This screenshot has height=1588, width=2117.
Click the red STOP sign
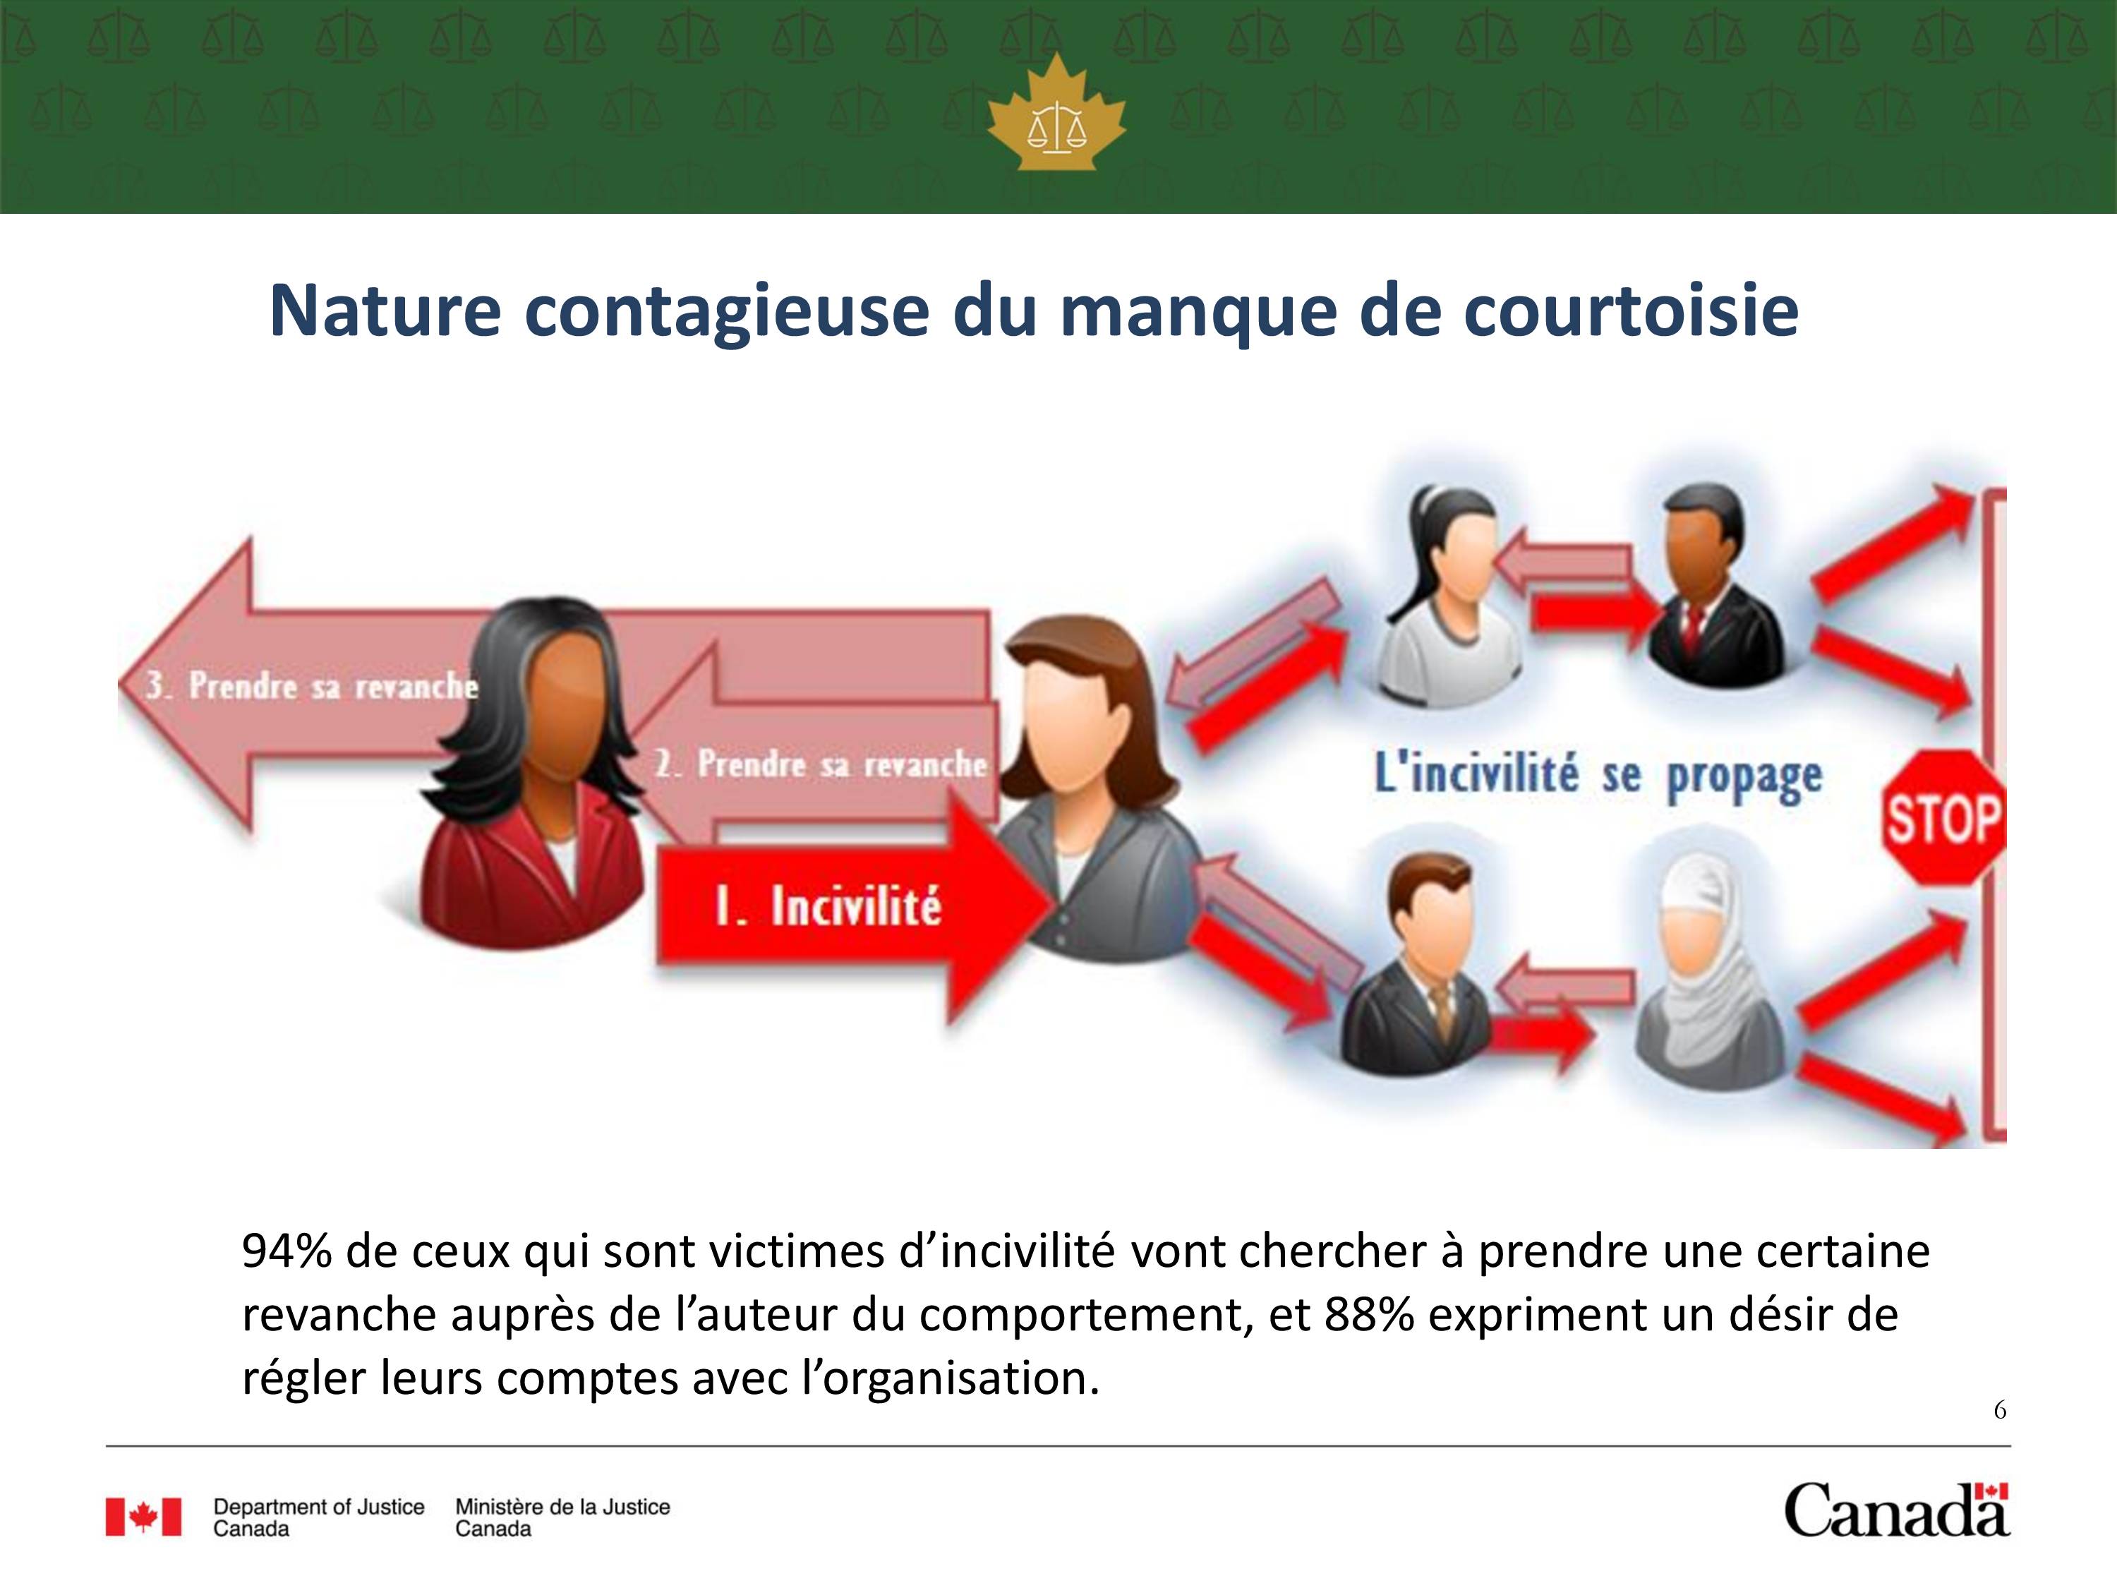1943,819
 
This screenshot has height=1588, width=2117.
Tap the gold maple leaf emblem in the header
1056,112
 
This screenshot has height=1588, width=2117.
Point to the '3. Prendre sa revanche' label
312,685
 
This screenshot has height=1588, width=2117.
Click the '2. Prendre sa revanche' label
820,764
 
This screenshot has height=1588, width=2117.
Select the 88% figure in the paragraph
1370,1315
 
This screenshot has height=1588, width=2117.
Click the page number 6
1999,1410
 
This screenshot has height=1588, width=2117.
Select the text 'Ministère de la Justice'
562,1507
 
